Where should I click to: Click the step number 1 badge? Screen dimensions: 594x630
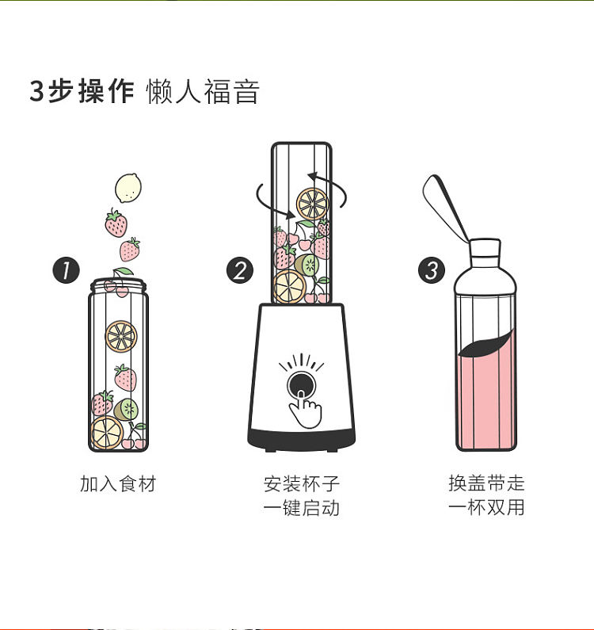(67, 270)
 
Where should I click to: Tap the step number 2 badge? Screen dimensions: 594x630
(240, 270)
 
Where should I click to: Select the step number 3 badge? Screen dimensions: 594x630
(432, 270)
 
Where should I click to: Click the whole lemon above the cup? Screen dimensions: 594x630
(128, 188)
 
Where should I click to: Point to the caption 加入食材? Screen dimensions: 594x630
(118, 483)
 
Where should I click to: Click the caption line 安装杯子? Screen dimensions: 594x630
(302, 483)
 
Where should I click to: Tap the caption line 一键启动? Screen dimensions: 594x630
(302, 507)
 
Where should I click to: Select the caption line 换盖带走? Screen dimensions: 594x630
(486, 483)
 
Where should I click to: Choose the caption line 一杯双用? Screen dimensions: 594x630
(486, 506)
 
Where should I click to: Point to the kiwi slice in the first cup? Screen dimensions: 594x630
(126, 410)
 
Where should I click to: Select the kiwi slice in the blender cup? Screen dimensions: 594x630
(307, 265)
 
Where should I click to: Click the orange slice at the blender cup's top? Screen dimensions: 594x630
(313, 204)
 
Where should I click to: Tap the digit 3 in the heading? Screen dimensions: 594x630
(36, 91)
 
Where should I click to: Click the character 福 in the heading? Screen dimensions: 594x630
(217, 91)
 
